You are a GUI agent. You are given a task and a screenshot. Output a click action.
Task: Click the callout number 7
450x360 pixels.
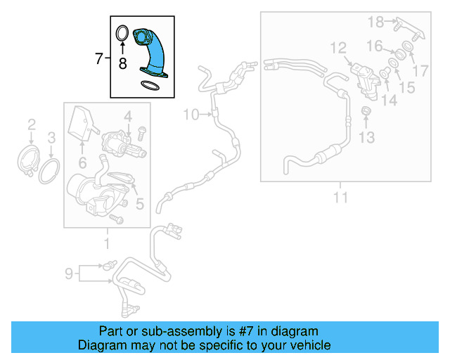pos(98,58)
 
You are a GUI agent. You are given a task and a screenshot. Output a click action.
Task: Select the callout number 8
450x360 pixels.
pos(122,64)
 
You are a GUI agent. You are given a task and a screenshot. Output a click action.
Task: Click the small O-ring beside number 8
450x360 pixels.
pos(121,33)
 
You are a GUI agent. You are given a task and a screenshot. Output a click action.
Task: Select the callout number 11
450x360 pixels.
pos(340,198)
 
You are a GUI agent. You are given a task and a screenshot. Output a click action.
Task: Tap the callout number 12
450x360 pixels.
pos(338,48)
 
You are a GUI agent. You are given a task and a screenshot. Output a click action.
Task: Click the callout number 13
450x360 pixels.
pos(367,136)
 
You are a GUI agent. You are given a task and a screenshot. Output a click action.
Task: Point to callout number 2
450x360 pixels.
pos(32,125)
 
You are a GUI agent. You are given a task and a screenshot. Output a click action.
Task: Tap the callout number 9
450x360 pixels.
pos(69,273)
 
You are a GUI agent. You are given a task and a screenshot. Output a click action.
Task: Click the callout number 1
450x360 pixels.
pos(107,244)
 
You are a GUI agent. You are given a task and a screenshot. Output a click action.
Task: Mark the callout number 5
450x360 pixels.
pos(139,205)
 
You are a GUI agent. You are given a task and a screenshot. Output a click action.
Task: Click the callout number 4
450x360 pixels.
pos(128,115)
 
